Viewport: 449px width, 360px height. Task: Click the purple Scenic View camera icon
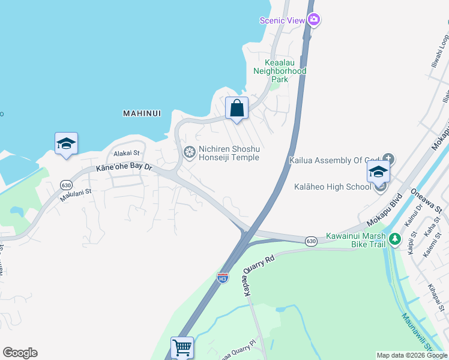point(313,20)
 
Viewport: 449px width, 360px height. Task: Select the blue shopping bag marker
point(237,109)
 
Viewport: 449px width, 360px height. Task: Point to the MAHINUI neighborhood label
point(143,113)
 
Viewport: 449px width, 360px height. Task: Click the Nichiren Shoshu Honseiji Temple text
point(229,153)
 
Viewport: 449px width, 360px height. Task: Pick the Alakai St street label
point(127,154)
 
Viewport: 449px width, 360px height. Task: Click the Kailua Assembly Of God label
point(335,161)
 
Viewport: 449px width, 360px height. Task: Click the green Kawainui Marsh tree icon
point(394,239)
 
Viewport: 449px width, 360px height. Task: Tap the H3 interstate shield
point(223,278)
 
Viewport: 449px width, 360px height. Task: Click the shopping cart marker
point(181,347)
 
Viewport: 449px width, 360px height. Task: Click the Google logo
point(20,353)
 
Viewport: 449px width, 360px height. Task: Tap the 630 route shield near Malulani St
point(66,185)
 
